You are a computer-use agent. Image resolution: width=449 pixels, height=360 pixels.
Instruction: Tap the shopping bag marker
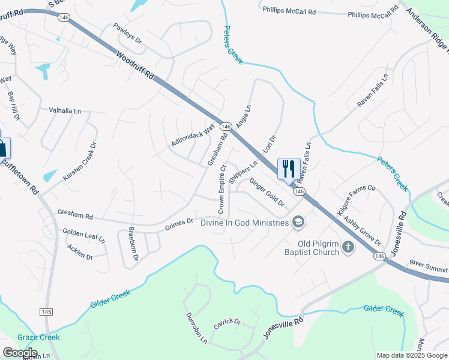[2, 148]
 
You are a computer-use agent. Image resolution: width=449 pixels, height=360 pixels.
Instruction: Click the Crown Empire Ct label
[221, 189]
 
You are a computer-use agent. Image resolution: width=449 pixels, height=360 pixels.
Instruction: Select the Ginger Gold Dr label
[267, 192]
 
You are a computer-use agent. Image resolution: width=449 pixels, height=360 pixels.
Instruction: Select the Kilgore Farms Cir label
[356, 200]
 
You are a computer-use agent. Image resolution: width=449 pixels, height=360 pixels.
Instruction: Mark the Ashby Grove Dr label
[362, 230]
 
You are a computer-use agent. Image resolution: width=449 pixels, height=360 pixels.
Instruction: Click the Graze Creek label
[38, 337]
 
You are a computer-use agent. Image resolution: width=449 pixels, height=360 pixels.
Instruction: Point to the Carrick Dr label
[227, 324]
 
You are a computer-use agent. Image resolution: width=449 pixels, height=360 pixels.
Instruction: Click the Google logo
[20, 353]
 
